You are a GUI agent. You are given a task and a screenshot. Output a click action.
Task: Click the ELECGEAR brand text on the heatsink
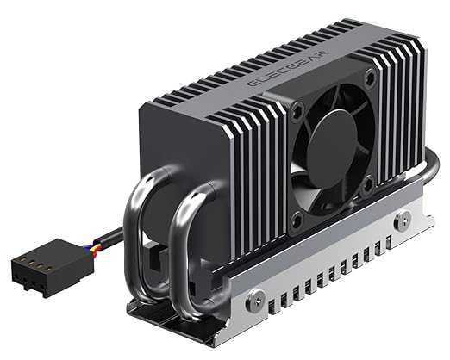[x=288, y=69]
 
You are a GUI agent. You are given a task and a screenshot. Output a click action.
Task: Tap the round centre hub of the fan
[x=332, y=148]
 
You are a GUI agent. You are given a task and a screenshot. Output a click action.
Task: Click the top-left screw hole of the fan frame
[x=298, y=109]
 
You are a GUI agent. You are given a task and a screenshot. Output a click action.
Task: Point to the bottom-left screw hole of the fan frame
[x=297, y=220]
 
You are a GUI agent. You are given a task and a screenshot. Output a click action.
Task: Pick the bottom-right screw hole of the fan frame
[x=367, y=183]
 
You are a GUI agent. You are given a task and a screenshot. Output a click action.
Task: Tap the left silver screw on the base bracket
[x=255, y=300]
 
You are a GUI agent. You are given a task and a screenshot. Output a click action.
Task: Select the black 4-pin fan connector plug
[x=52, y=268]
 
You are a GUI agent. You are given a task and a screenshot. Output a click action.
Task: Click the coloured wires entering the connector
[x=91, y=248]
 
